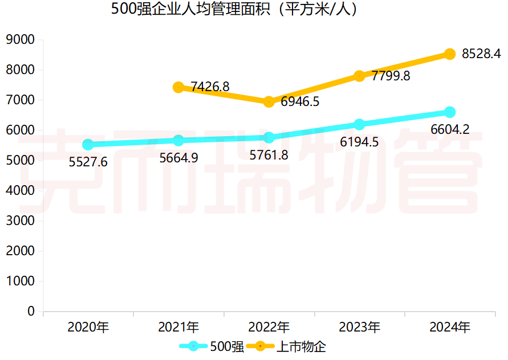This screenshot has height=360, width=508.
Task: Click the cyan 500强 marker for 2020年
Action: (88, 145)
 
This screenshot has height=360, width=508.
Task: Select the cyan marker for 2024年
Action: (450, 112)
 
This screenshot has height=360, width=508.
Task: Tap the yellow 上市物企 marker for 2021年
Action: (178, 87)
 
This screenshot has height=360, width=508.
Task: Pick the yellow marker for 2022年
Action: (269, 102)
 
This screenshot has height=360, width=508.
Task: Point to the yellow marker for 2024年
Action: (450, 54)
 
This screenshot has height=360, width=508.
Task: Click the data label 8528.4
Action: (481, 54)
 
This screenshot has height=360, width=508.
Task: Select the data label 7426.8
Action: (210, 87)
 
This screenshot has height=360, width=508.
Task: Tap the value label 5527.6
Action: (88, 162)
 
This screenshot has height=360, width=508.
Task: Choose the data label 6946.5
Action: (300, 103)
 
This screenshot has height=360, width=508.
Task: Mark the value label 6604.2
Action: (450, 129)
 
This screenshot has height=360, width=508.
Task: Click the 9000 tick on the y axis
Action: (20, 40)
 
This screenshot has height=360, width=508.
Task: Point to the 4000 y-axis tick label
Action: (20, 191)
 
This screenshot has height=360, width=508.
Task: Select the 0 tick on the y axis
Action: (31, 312)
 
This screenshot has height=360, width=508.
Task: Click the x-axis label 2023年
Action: (359, 328)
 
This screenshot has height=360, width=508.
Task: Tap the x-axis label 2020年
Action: (88, 328)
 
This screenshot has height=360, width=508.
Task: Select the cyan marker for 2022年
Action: (269, 137)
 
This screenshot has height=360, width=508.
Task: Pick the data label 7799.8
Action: (391, 76)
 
